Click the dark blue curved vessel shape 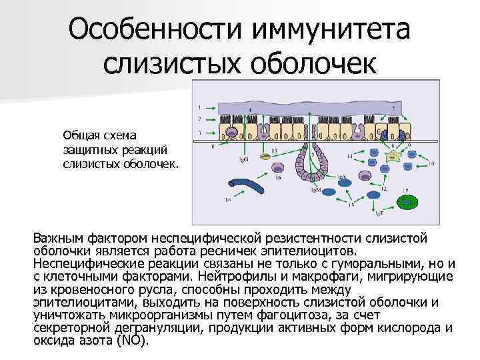[x=250, y=187]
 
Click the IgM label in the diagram [x=316, y=191]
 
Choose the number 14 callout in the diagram [x=229, y=199]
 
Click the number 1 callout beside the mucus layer [x=201, y=106]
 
